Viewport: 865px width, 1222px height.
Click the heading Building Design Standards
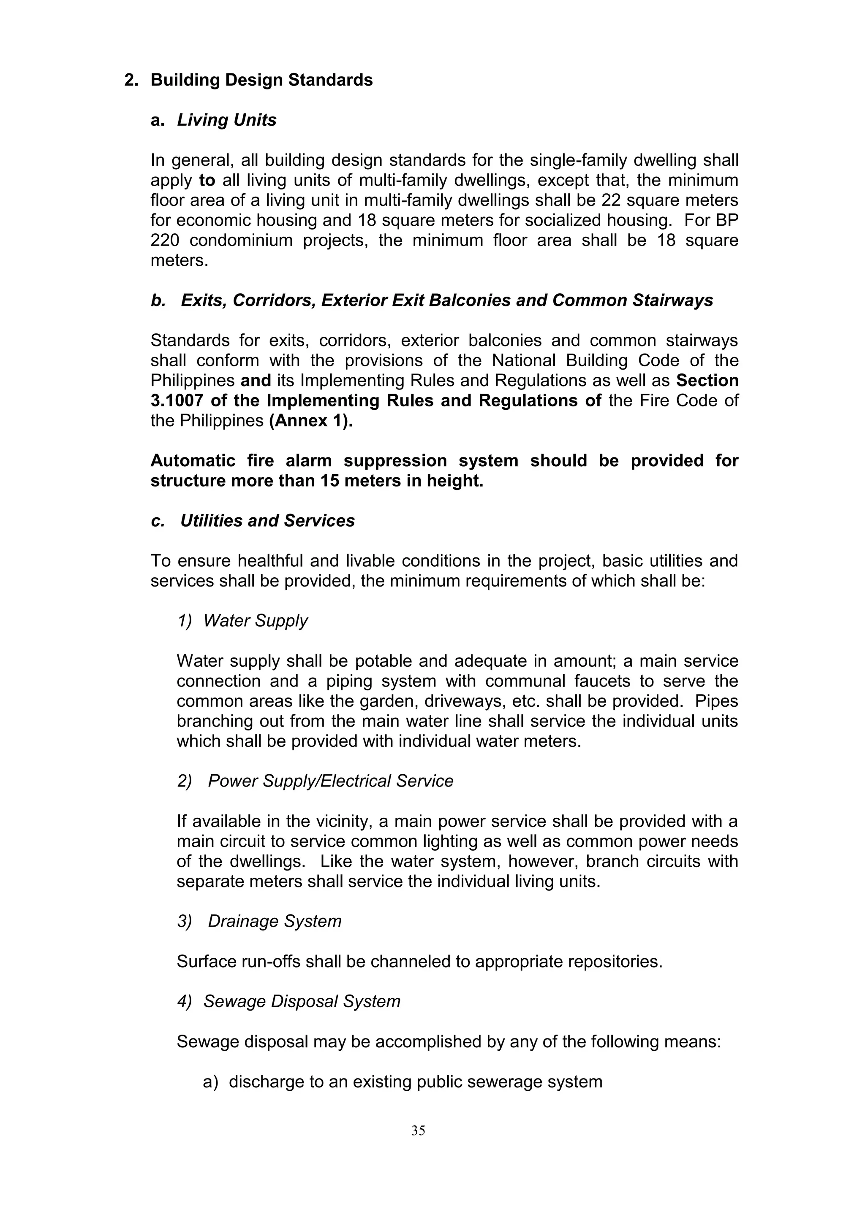(x=261, y=80)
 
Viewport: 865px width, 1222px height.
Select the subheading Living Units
(x=226, y=120)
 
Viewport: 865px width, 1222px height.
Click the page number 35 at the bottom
(x=418, y=1130)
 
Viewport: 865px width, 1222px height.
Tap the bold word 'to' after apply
(x=207, y=181)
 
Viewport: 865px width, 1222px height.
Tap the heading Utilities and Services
(x=267, y=521)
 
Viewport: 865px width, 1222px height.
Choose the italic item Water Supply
(x=255, y=621)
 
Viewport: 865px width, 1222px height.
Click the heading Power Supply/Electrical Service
(x=330, y=781)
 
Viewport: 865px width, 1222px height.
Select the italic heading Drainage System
(x=274, y=921)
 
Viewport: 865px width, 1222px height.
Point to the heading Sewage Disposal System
(x=302, y=1001)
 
